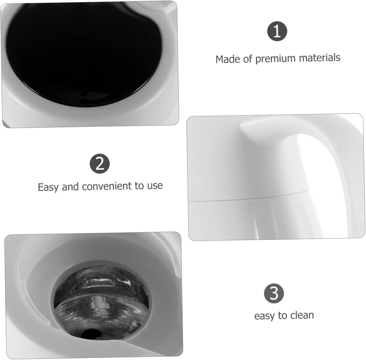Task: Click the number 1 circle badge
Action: click(x=277, y=31)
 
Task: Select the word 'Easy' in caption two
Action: click(x=48, y=188)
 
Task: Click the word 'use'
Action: click(x=155, y=186)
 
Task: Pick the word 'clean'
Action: click(x=302, y=315)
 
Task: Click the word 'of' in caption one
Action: click(x=248, y=59)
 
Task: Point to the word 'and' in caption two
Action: click(x=70, y=187)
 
